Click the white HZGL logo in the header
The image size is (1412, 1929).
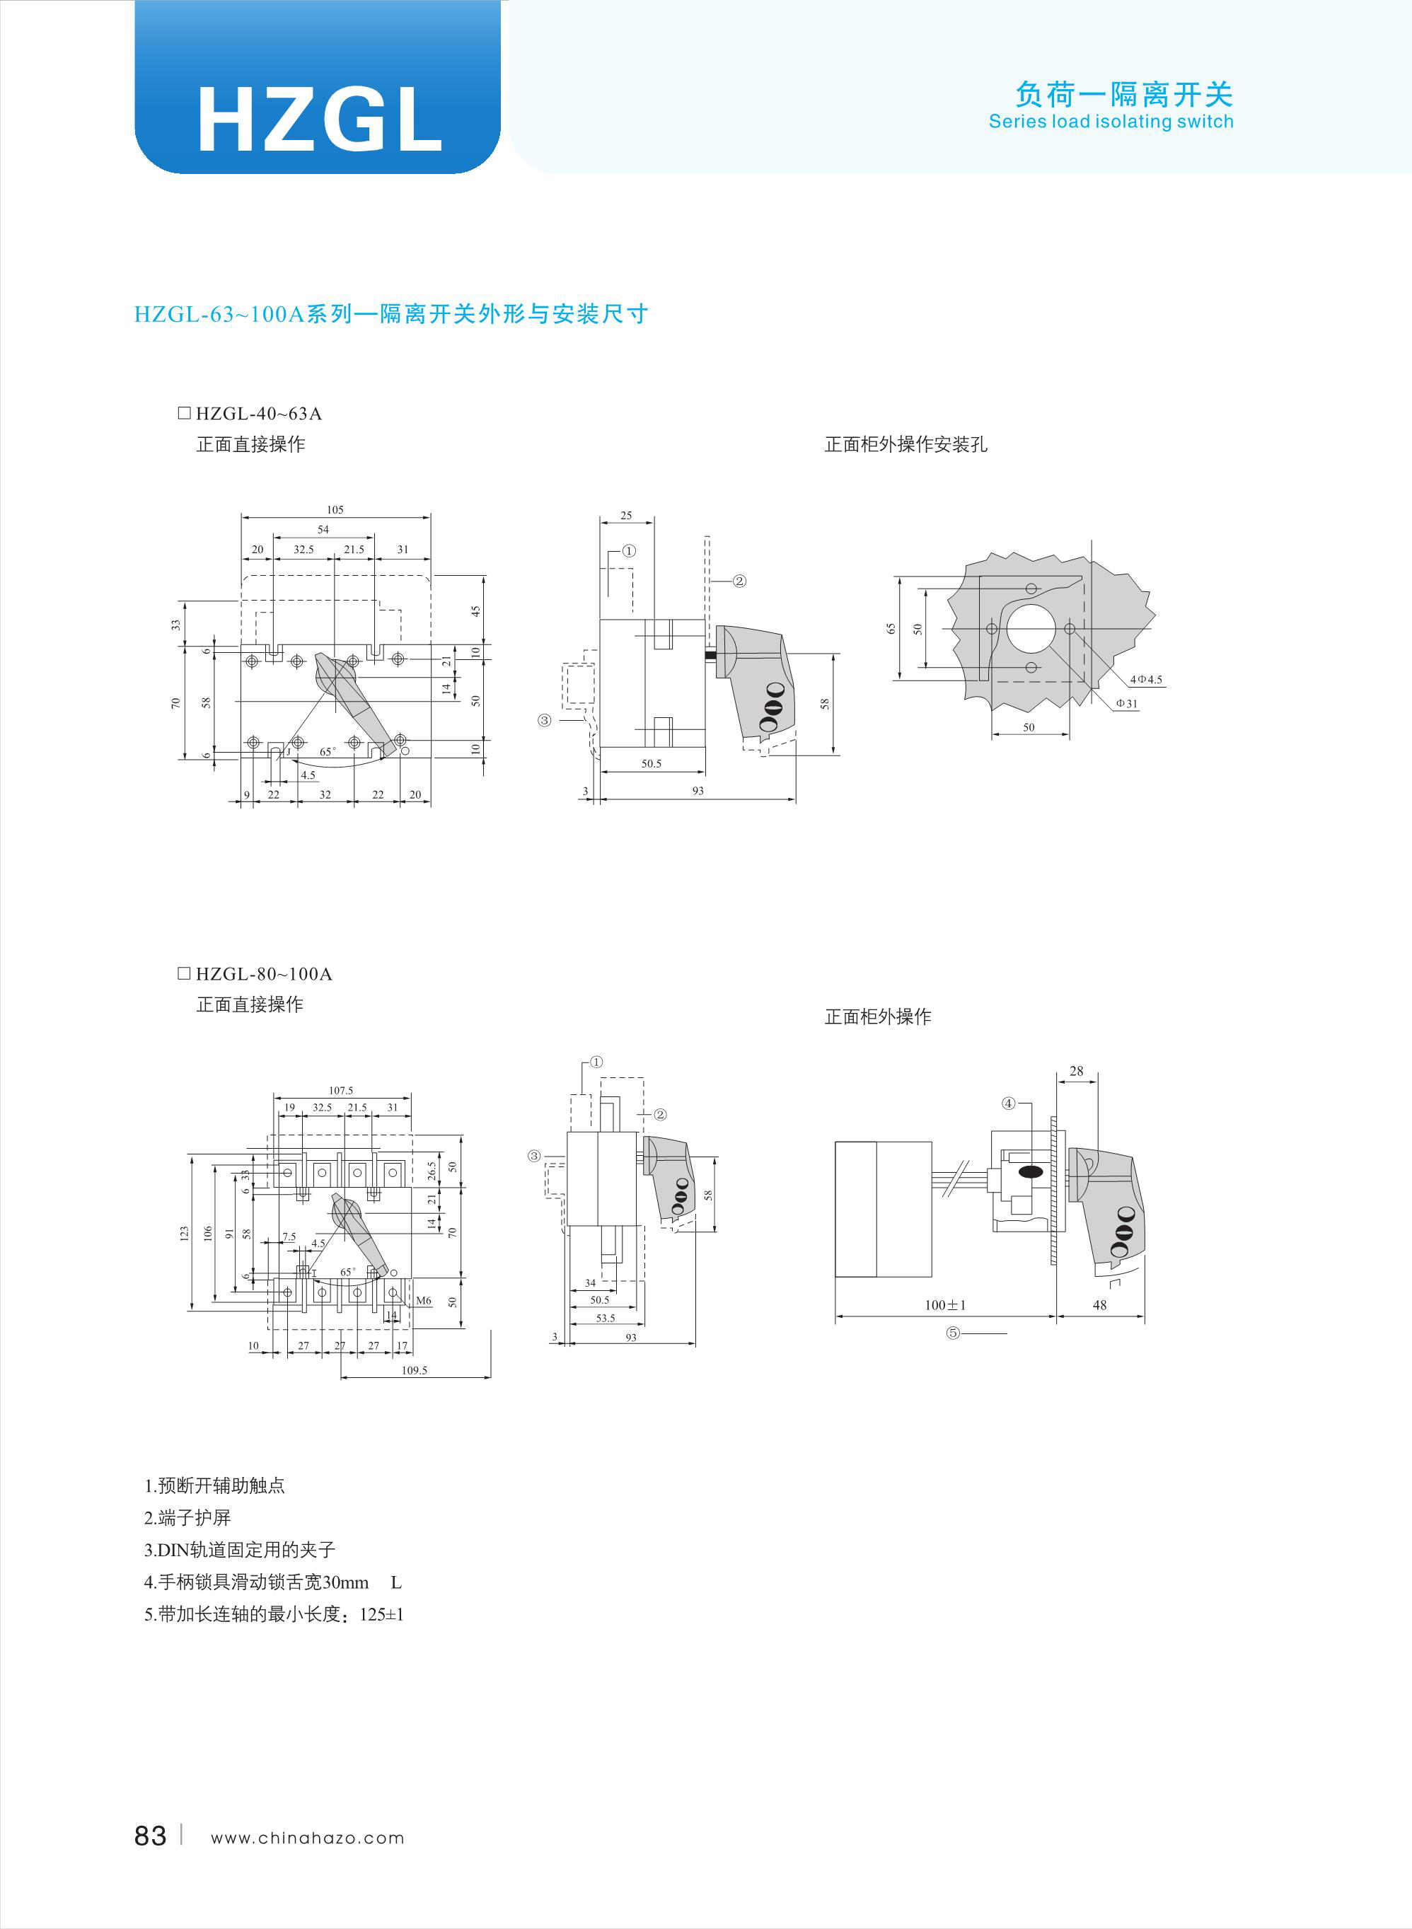click(320, 120)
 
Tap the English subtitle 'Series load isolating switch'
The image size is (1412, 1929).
click(1111, 122)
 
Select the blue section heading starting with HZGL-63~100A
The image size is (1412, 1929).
click(390, 315)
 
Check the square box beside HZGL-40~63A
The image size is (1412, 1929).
click(184, 413)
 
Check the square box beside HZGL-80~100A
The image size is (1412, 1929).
click(184, 973)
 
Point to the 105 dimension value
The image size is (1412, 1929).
click(335, 509)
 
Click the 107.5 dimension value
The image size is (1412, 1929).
click(341, 1091)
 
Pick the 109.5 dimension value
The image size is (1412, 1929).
click(415, 1370)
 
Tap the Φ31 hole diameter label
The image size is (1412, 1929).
click(1126, 703)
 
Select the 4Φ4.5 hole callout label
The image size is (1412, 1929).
click(1146, 680)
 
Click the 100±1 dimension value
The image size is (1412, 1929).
click(945, 1305)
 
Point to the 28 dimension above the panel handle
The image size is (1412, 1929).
click(1076, 1071)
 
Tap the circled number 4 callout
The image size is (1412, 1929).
click(1009, 1103)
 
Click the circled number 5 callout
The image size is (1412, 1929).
click(953, 1333)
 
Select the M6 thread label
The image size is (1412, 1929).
click(424, 1301)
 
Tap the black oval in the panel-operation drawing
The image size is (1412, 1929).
click(1031, 1171)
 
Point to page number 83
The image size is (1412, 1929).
click(151, 1836)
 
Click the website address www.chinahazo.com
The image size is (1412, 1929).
click(308, 1838)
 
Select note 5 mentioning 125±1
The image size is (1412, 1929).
click(274, 1614)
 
